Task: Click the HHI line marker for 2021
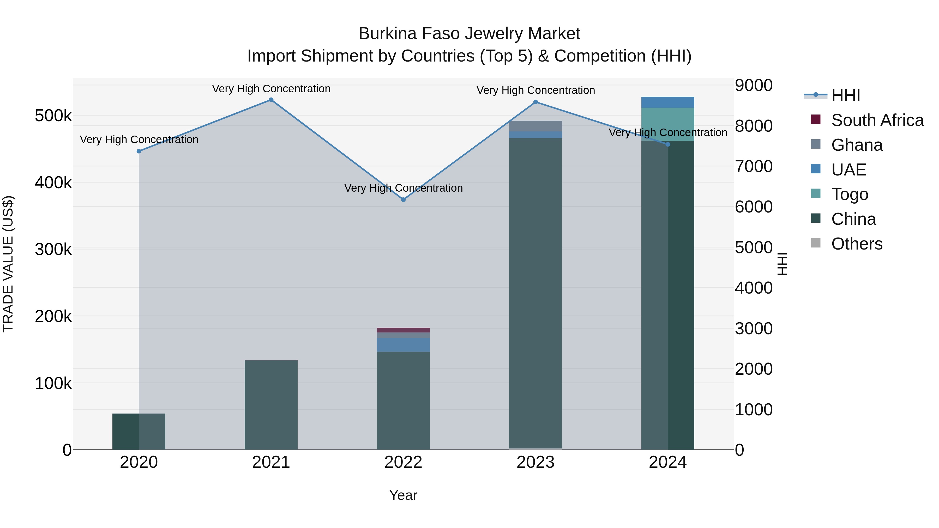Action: [271, 100]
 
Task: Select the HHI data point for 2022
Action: [403, 200]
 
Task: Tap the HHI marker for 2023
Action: [535, 102]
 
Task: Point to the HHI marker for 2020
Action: [139, 151]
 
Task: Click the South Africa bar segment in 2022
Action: [403, 330]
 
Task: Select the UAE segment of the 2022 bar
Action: [403, 345]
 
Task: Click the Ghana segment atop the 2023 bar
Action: [535, 126]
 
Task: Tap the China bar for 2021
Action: [271, 404]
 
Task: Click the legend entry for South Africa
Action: [877, 120]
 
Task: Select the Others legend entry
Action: [857, 244]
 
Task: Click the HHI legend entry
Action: [846, 95]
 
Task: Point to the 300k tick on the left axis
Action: [53, 250]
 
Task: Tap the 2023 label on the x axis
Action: [535, 462]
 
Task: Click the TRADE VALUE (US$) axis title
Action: [8, 264]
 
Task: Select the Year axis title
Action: [403, 495]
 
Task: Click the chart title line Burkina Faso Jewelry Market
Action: [469, 34]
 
